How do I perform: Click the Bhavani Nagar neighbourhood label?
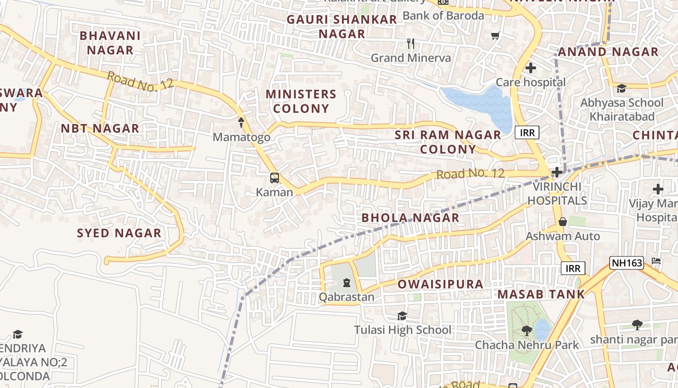click(110, 43)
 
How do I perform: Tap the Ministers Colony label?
click(301, 101)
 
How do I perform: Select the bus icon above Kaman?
click(275, 178)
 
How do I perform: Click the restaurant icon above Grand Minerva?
click(411, 44)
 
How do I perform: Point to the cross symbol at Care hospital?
click(531, 68)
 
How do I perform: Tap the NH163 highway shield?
click(626, 263)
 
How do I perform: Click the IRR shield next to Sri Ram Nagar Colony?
click(527, 132)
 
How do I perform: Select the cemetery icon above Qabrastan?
click(347, 283)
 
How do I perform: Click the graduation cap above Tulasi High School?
click(402, 316)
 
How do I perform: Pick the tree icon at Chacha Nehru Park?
click(526, 331)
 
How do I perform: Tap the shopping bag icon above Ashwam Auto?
click(562, 222)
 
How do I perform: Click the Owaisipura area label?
click(440, 284)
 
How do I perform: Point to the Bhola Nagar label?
click(410, 218)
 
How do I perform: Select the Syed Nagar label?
click(119, 233)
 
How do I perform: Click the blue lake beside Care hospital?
click(479, 104)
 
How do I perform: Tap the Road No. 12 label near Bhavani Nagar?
click(140, 81)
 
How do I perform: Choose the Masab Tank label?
click(541, 294)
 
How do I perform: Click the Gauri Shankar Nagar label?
click(342, 27)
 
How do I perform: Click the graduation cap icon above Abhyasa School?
click(621, 88)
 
